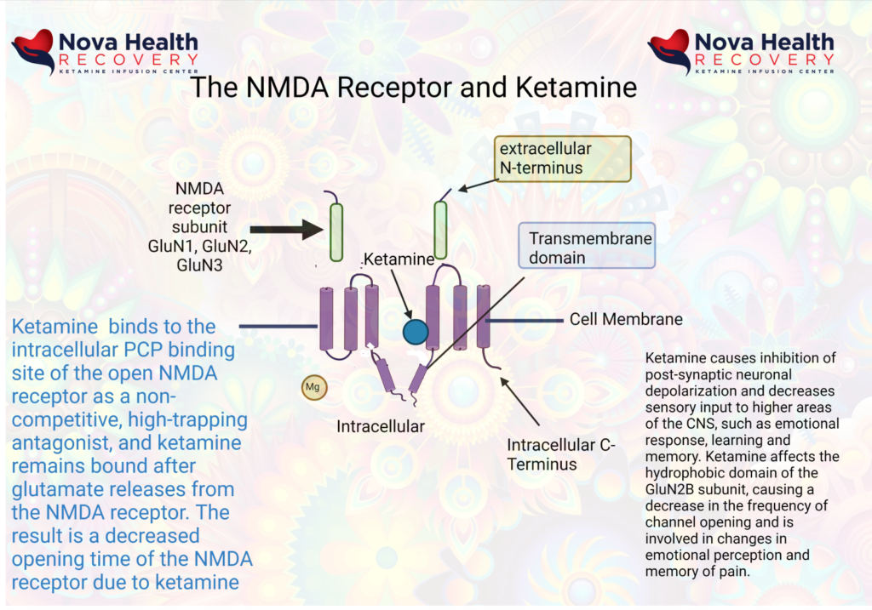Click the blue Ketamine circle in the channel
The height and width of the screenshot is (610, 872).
pos(416,331)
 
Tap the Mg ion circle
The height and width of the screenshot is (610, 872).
pos(313,387)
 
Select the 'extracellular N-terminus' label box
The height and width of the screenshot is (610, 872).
pos(565,158)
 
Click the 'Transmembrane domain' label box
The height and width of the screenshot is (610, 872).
pos(586,248)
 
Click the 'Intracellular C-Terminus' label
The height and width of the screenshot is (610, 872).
pos(560,454)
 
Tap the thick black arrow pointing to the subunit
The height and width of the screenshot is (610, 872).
pos(285,229)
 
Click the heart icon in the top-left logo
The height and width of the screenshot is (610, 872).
pos(32,50)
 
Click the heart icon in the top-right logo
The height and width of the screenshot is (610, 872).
pos(668,50)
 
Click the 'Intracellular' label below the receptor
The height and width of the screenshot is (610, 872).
pos(380,425)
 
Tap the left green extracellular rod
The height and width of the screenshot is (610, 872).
pos(336,231)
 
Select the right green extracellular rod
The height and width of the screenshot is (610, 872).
pos(440,230)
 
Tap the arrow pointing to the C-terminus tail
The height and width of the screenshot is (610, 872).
pos(520,401)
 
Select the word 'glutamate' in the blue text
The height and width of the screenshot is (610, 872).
pos(60,490)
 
